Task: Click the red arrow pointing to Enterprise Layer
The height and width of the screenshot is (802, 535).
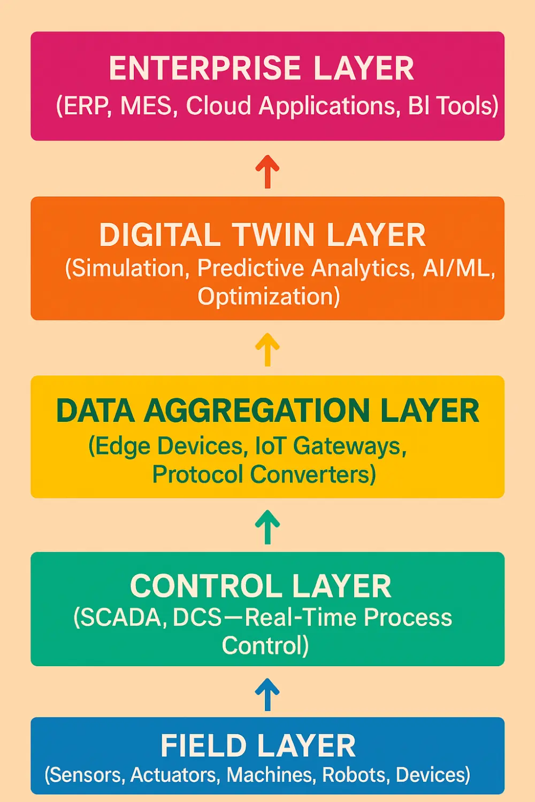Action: point(267,171)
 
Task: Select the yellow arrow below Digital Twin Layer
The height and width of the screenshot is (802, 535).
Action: point(267,349)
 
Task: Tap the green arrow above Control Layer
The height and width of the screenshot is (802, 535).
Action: point(267,526)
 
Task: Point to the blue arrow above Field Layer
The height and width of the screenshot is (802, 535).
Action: point(267,694)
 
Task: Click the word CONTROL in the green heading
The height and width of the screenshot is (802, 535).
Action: point(206,586)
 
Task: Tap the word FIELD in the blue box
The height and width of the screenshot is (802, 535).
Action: point(203,746)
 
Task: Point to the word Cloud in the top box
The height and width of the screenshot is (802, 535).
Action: point(218,106)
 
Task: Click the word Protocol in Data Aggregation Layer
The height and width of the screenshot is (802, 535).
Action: point(197,474)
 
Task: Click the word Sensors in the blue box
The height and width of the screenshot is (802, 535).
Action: point(86,775)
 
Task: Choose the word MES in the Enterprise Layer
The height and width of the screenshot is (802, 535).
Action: point(146,106)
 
